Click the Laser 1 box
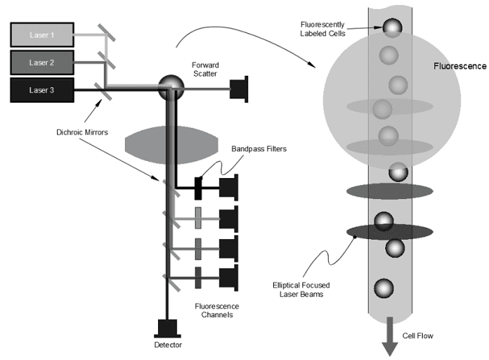point(42,35)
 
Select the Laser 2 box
point(42,62)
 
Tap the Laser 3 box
point(42,89)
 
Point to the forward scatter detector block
point(241,88)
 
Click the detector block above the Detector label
point(166,328)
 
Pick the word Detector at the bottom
point(167,346)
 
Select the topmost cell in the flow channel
point(391,28)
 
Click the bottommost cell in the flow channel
point(384,289)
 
